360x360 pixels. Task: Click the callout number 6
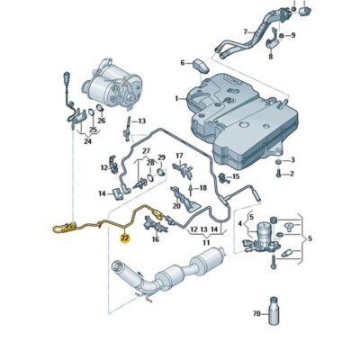tap(182, 63)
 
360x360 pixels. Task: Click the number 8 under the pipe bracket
tap(292, 35)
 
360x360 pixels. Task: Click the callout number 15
tap(236, 176)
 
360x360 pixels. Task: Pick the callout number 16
tap(156, 240)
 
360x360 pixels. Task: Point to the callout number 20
tap(176, 206)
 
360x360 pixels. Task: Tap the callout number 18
tap(203, 187)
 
